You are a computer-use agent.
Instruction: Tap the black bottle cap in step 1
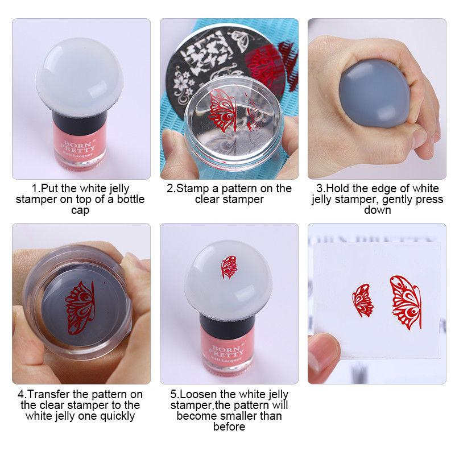pyautogui.click(x=80, y=122)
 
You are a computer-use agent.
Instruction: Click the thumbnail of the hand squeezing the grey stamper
pyautogui.click(x=377, y=99)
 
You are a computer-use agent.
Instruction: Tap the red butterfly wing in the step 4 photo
pyautogui.click(x=80, y=308)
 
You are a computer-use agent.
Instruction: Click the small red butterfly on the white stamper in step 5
pyautogui.click(x=229, y=267)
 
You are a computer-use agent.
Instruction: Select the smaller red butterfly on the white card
pyautogui.click(x=363, y=300)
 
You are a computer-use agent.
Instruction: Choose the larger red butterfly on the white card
pyautogui.click(x=406, y=303)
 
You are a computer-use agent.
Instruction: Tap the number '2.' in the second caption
pyautogui.click(x=171, y=189)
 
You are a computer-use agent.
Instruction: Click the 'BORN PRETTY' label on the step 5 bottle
pyautogui.click(x=226, y=351)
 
